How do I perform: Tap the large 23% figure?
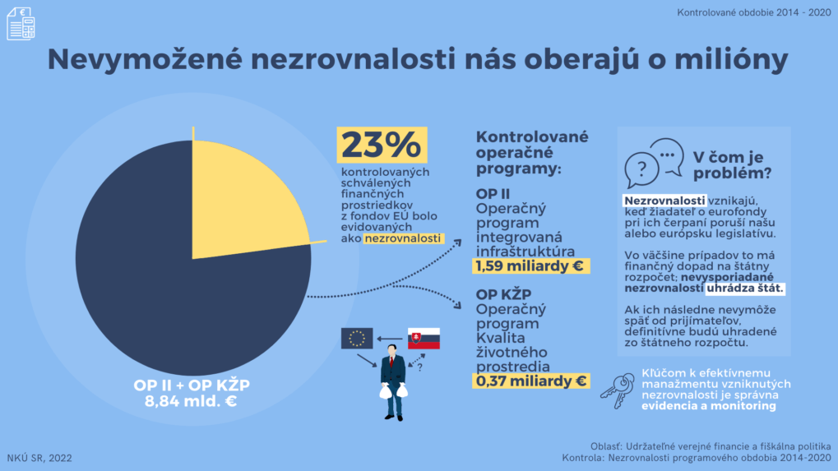click(x=382, y=146)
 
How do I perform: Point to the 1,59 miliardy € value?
click(x=531, y=266)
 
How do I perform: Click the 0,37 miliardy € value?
click(x=531, y=381)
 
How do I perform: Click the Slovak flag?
click(x=424, y=338)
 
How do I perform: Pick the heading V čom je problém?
click(x=732, y=164)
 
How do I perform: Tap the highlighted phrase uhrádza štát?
click(x=745, y=289)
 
